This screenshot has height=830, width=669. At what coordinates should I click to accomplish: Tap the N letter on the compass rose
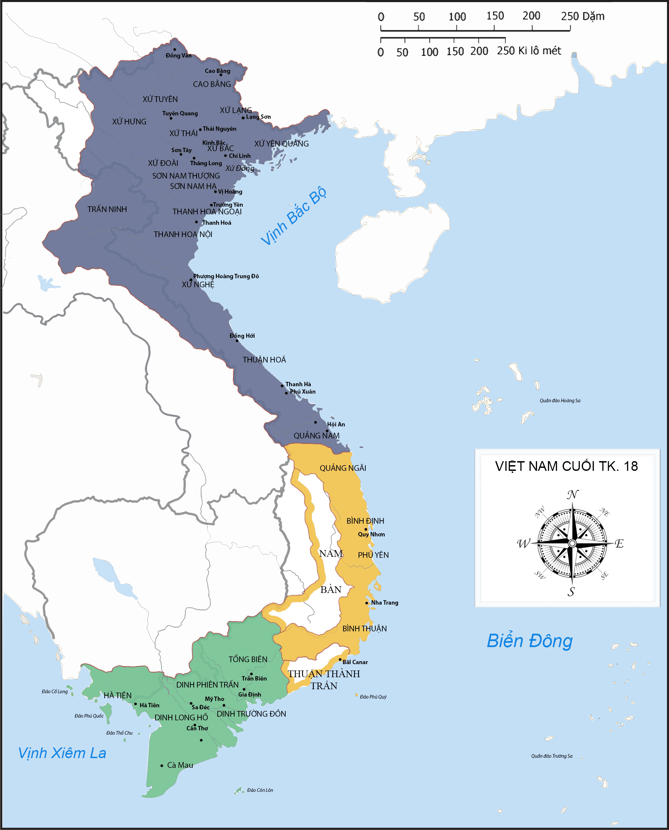(x=573, y=494)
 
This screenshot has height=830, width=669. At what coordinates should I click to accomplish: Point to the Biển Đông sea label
(x=530, y=641)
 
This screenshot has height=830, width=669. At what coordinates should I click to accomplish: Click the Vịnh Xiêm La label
(x=62, y=753)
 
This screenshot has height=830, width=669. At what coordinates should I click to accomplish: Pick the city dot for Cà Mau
(x=162, y=766)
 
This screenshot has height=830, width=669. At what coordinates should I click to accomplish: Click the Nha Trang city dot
(x=367, y=603)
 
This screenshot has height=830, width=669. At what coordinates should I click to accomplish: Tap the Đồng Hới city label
(x=242, y=336)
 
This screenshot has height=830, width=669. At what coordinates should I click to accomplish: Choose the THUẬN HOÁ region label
(x=264, y=359)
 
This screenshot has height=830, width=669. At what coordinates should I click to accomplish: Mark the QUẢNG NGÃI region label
(x=343, y=468)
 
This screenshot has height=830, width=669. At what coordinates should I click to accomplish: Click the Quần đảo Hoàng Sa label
(x=560, y=401)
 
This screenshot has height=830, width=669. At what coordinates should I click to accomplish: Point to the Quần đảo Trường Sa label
(x=552, y=756)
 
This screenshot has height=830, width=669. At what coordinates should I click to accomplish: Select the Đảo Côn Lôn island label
(x=260, y=790)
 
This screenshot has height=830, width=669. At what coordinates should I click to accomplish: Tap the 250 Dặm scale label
(x=582, y=16)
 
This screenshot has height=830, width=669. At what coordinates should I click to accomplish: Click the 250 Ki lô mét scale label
(x=529, y=51)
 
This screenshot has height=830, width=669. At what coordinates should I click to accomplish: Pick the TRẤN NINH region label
(x=107, y=209)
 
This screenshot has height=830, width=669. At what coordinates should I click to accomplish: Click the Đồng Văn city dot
(x=175, y=49)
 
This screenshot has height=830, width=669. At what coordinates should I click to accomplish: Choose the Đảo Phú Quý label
(x=373, y=697)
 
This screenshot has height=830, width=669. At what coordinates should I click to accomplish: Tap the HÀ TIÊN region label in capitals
(x=117, y=695)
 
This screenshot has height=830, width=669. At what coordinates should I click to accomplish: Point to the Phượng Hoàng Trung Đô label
(x=226, y=276)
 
